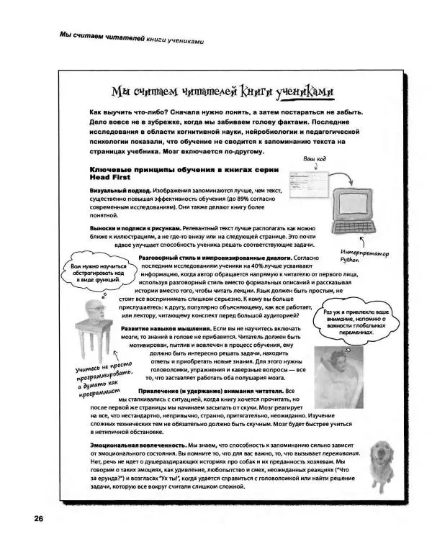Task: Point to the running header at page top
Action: [x=122, y=37]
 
